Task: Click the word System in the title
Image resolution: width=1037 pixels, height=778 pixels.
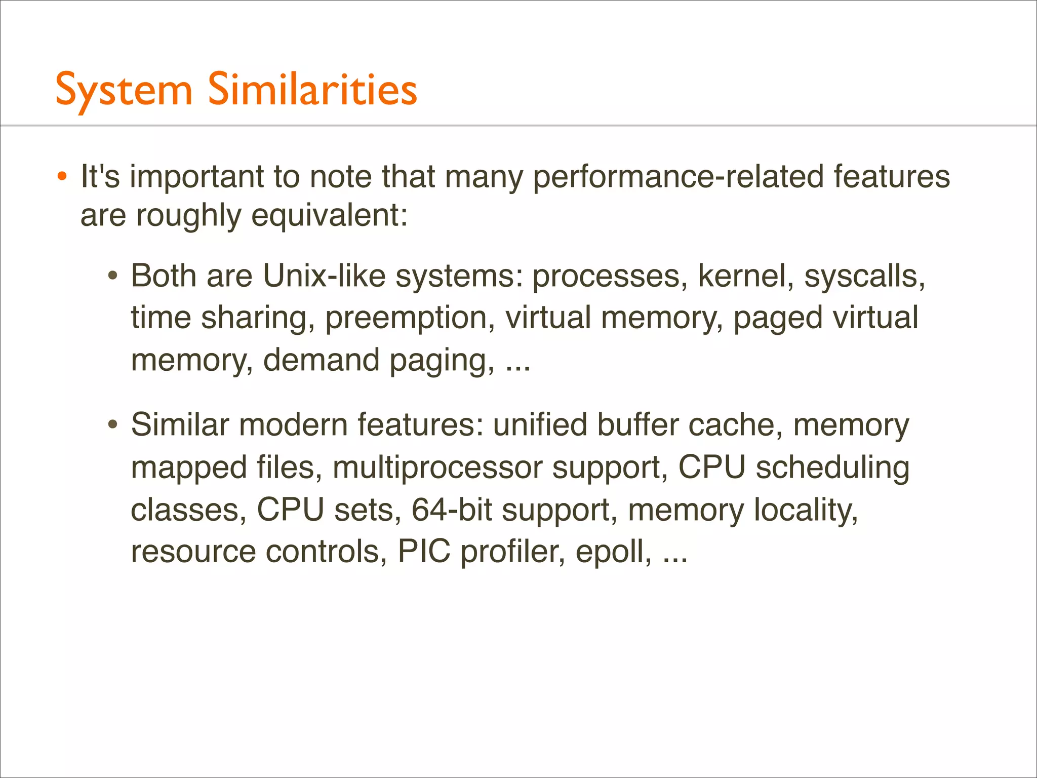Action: click(x=124, y=90)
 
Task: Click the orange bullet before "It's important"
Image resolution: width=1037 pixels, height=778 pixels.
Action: click(x=62, y=177)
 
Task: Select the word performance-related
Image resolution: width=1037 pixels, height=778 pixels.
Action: click(x=678, y=177)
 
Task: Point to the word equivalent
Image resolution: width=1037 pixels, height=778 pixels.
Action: click(x=329, y=216)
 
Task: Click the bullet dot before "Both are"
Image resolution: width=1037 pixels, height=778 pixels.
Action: click(x=113, y=277)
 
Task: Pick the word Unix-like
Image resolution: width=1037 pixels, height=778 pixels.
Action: click(x=324, y=277)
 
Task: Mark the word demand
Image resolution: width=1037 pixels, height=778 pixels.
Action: click(x=321, y=360)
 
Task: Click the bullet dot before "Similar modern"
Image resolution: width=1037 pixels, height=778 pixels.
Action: click(x=113, y=424)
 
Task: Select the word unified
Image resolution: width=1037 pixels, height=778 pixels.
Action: click(x=540, y=424)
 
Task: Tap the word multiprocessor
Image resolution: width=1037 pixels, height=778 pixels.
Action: click(x=437, y=467)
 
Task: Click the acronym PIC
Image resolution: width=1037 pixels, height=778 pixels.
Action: click(x=424, y=551)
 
